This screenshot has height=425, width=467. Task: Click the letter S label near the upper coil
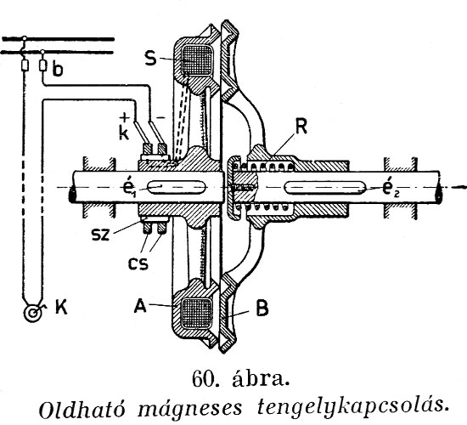(150, 58)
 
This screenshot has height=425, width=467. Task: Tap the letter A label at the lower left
(140, 306)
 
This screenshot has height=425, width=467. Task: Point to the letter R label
(301, 127)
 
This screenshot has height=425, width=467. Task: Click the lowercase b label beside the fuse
(58, 70)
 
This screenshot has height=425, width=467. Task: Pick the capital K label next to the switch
(61, 307)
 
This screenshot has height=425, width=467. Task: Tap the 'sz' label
(101, 235)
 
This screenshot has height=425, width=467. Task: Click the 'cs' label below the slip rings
(138, 263)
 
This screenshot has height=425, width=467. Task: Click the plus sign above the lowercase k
(125, 117)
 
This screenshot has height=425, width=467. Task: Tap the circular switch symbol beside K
(33, 313)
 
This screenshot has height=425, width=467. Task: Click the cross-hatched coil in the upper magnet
(197, 59)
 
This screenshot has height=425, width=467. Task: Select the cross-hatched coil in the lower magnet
(197, 313)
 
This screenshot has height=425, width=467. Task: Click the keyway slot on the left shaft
(177, 188)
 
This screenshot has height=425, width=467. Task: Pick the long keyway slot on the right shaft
(325, 188)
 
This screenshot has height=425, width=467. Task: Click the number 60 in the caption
(203, 378)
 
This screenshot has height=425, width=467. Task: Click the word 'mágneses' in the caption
(190, 410)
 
